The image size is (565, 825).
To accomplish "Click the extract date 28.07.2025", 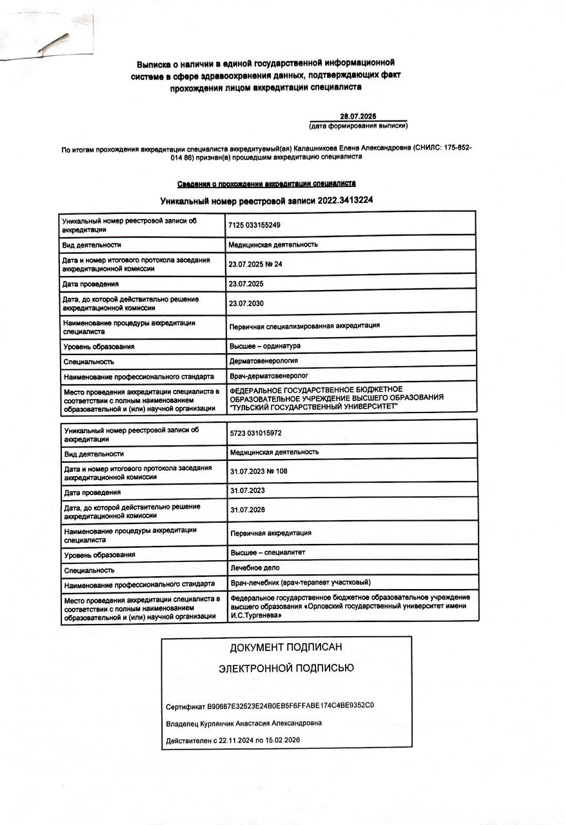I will [x=357, y=116].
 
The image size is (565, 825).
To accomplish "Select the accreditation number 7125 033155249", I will [x=254, y=225].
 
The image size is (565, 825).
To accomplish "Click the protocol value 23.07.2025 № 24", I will [x=255, y=264].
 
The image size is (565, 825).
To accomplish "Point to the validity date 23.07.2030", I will [x=246, y=303].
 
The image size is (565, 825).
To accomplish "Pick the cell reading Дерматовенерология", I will [x=264, y=361].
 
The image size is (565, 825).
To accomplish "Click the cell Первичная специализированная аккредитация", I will [x=304, y=325].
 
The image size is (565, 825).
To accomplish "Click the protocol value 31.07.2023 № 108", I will [x=259, y=471].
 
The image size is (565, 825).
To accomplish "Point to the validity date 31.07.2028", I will [x=248, y=510].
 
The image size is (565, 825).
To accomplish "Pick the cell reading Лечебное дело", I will [x=255, y=568].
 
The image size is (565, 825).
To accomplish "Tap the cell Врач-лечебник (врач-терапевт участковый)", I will [x=301, y=583].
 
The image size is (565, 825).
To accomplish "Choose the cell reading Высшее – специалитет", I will [x=268, y=552].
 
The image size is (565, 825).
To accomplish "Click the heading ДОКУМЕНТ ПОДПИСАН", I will [x=286, y=647].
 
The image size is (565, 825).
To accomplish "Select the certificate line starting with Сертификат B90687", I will [x=270, y=705].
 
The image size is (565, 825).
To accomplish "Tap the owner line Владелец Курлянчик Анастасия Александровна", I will [x=244, y=723].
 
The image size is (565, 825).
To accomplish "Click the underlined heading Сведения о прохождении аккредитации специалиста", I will [x=266, y=184].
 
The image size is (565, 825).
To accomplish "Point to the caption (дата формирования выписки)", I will [x=359, y=126].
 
